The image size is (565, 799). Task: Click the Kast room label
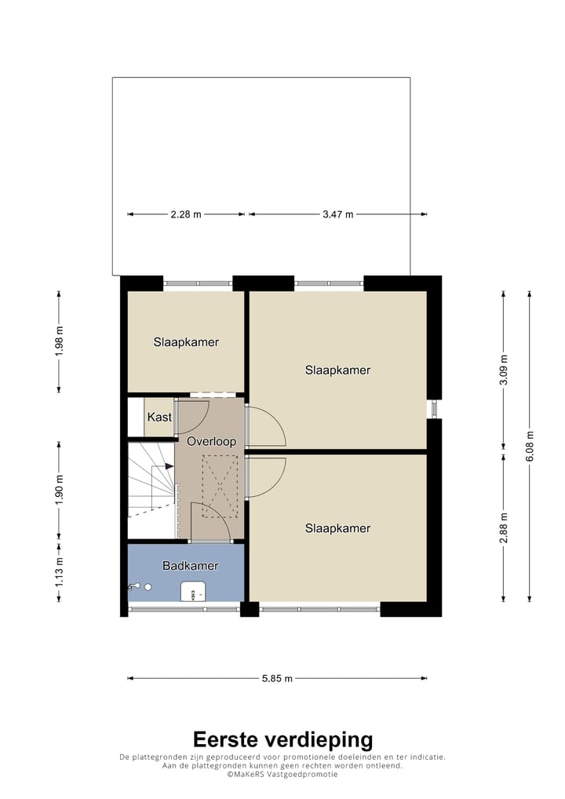(159, 418)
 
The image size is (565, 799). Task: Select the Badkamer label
(190, 565)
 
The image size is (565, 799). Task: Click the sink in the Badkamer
(192, 590)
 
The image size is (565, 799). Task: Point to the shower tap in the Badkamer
(138, 586)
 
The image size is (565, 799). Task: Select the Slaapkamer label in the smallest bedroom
(186, 342)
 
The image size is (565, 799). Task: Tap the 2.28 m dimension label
(186, 213)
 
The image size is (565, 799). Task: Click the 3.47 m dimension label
(337, 213)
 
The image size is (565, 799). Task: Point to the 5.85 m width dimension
(277, 678)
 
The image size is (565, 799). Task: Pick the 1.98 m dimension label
(59, 341)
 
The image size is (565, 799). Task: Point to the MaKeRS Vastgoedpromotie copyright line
(282, 774)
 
